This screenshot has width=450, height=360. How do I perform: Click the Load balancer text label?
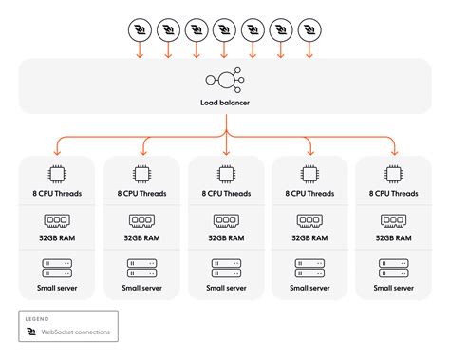[x=225, y=102]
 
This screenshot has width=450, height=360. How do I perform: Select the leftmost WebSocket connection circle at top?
[x=140, y=30]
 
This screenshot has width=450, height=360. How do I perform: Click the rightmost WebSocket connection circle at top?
[x=309, y=30]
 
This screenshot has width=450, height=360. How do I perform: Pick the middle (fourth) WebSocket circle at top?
[x=224, y=30]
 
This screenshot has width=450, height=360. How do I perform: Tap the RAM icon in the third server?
[x=225, y=220]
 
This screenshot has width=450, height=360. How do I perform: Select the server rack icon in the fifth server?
[x=393, y=266]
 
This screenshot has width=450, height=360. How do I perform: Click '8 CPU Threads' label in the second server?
[x=141, y=194]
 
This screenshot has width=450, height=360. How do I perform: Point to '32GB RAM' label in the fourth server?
[x=309, y=239]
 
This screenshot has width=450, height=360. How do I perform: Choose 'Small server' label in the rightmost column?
[x=393, y=286]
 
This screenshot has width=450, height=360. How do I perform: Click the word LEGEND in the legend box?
[x=38, y=319]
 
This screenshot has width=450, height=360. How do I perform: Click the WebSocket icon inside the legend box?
[x=33, y=332]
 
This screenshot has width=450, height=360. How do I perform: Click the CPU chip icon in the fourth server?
[x=309, y=174]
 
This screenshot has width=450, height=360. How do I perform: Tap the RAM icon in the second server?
[x=141, y=220]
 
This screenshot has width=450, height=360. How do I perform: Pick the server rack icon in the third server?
[x=225, y=266]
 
